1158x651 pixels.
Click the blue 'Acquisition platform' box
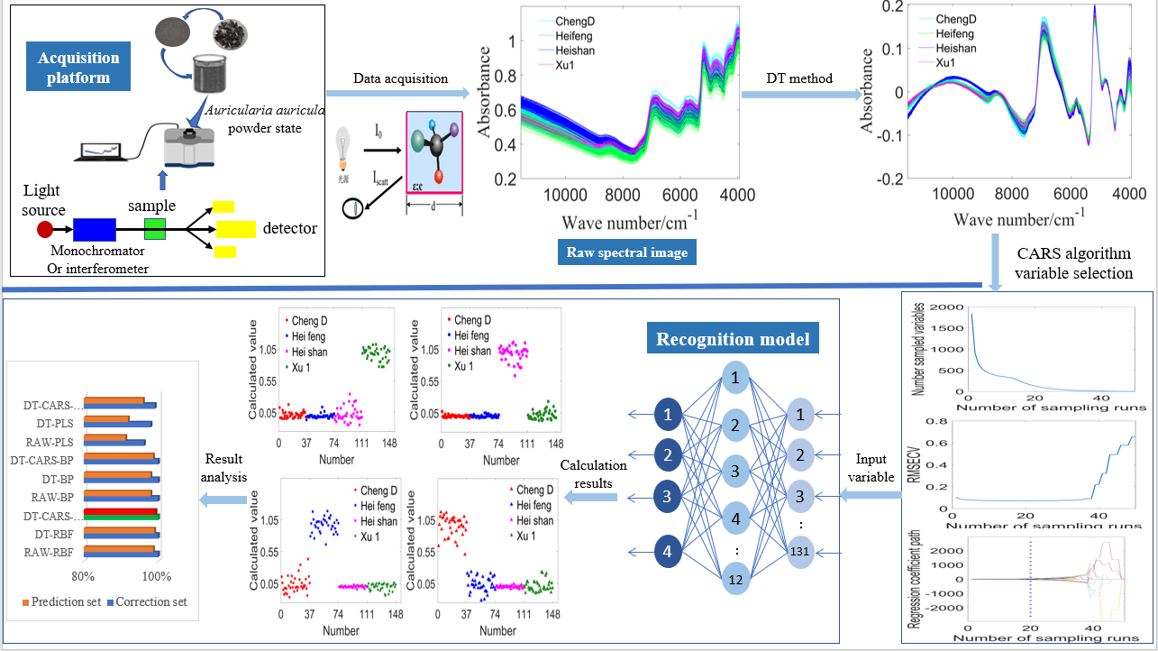(x=78, y=68)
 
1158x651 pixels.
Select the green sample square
(x=156, y=229)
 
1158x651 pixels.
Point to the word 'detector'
(x=289, y=229)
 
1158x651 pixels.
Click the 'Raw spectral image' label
(x=627, y=252)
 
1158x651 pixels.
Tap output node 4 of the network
(x=668, y=549)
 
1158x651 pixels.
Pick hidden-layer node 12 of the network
(x=736, y=580)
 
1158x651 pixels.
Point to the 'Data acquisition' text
(x=400, y=78)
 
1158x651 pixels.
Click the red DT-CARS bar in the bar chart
(x=120, y=510)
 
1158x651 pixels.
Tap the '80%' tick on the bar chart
(x=83, y=576)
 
